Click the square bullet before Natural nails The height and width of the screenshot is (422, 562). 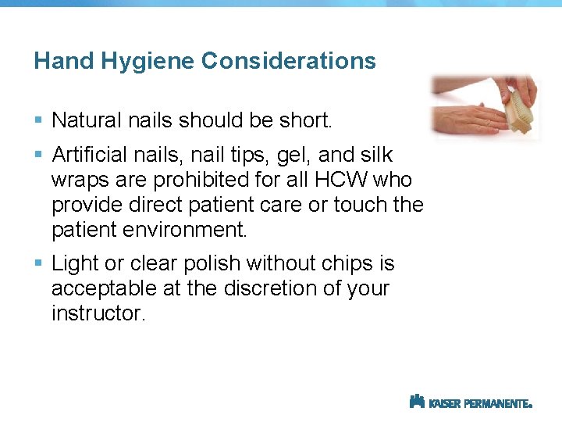(x=39, y=120)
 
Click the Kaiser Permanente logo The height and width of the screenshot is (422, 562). (x=471, y=402)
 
